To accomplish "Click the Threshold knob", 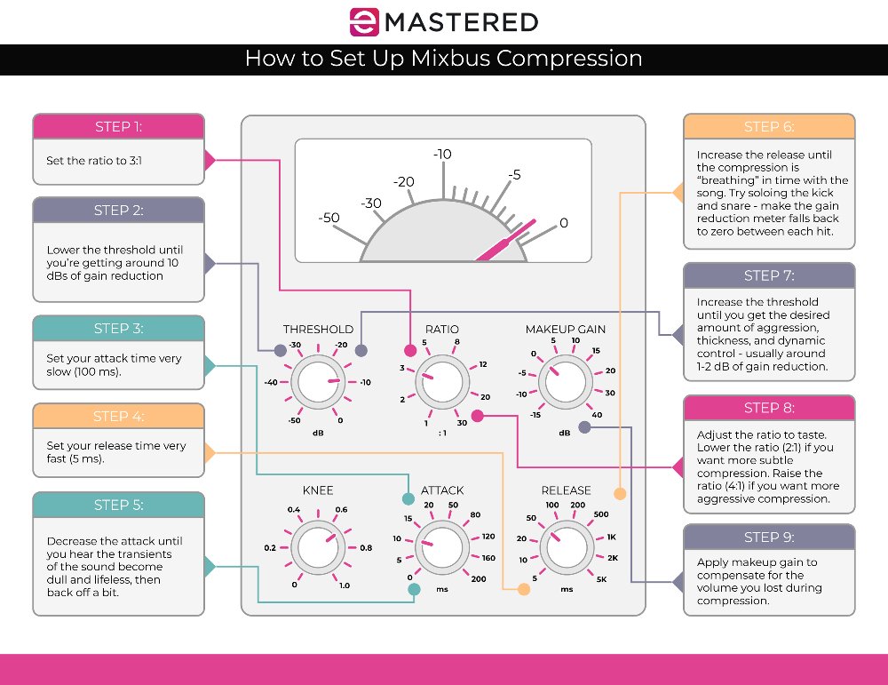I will click(319, 382).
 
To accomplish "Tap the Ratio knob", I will click(441, 382).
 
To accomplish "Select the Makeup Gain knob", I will click(565, 382).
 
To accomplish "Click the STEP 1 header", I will click(118, 126).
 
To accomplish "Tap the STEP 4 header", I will click(118, 417).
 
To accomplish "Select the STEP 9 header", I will click(769, 538).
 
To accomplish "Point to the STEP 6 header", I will click(769, 126).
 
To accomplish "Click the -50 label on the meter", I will click(329, 218).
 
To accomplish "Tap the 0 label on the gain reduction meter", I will click(563, 223).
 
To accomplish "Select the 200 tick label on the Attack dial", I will click(480, 579).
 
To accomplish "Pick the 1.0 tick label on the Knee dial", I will click(345, 585).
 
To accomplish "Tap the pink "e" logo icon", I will click(362, 22).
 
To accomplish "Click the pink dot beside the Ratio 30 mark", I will click(477, 415).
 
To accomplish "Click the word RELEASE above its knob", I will click(566, 490).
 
